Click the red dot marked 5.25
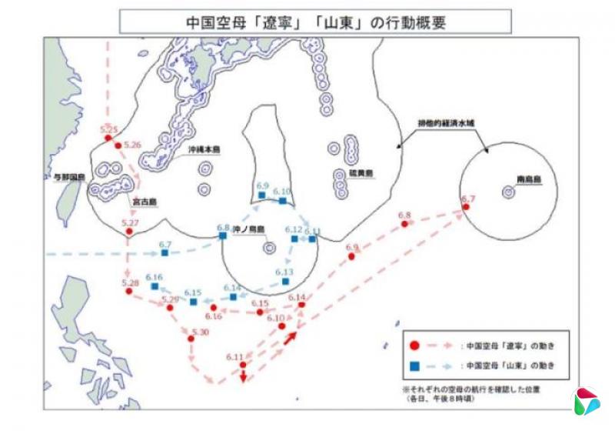[108, 139]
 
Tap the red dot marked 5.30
[189, 339]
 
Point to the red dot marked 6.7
[465, 206]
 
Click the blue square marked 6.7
[165, 252]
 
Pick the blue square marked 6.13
[285, 282]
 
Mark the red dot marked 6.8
[404, 224]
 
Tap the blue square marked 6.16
[155, 286]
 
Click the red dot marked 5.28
[128, 292]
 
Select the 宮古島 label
[144, 202]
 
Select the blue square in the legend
[414, 365]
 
